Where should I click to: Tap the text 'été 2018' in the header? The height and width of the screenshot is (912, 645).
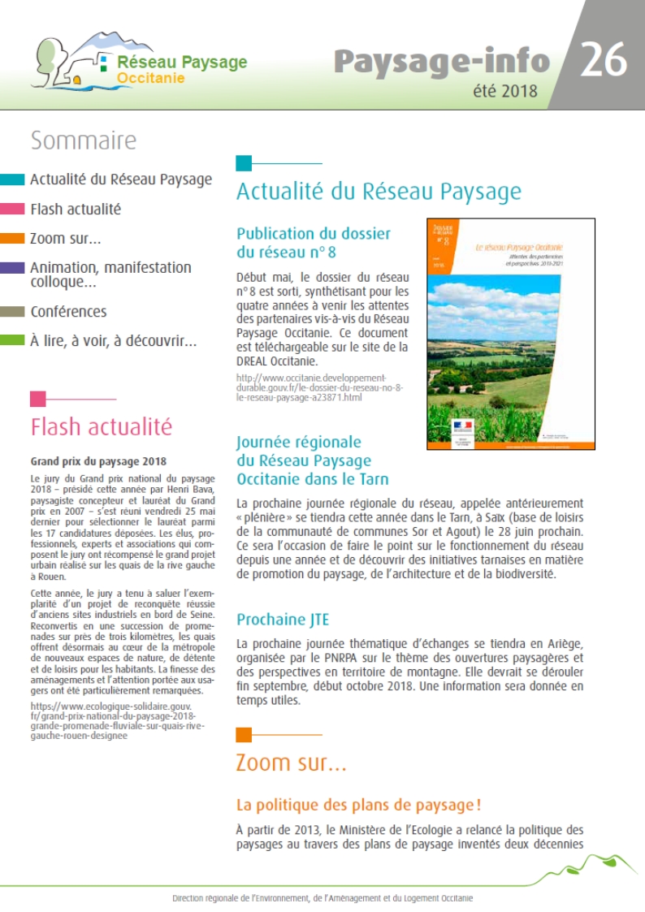pyautogui.click(x=504, y=91)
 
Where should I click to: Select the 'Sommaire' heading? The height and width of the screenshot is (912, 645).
pyautogui.click(x=83, y=141)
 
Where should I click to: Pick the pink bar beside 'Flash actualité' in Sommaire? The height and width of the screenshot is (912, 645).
pyautogui.click(x=12, y=210)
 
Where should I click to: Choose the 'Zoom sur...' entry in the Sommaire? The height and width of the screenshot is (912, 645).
pyautogui.click(x=65, y=239)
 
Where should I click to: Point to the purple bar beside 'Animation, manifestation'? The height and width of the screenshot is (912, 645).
pyautogui.click(x=12, y=267)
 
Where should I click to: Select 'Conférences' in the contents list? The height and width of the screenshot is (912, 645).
pyautogui.click(x=68, y=311)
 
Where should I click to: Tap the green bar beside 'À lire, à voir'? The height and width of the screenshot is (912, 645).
pyautogui.click(x=12, y=341)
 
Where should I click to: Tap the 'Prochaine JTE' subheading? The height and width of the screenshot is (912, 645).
pyautogui.click(x=283, y=620)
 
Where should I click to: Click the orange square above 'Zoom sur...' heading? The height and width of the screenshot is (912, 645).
pyautogui.click(x=244, y=736)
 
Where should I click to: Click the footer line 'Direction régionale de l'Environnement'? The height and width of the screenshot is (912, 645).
pyautogui.click(x=322, y=898)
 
